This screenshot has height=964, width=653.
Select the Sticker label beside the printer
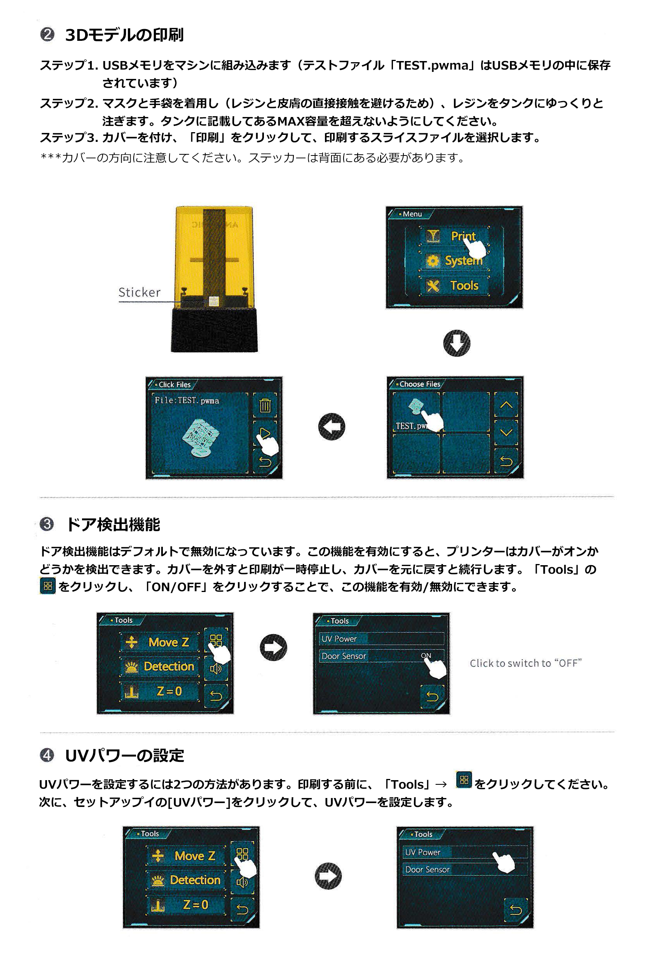click(x=140, y=292)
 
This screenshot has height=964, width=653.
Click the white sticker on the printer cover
click(x=214, y=301)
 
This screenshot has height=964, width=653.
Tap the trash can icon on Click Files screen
click(x=265, y=405)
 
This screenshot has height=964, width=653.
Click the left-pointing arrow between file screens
click(x=332, y=426)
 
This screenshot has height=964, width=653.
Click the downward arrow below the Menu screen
click(x=457, y=343)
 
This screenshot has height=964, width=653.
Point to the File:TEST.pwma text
click(x=187, y=400)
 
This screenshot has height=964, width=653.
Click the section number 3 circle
click(x=47, y=524)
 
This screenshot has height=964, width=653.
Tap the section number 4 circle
click(x=47, y=755)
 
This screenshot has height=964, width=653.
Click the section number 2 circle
click(x=47, y=34)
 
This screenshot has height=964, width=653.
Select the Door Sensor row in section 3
click(x=381, y=656)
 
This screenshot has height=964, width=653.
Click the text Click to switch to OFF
click(x=526, y=663)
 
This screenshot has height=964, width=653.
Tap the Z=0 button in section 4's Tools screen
click(x=186, y=905)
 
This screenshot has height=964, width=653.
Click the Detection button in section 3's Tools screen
click(x=160, y=666)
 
